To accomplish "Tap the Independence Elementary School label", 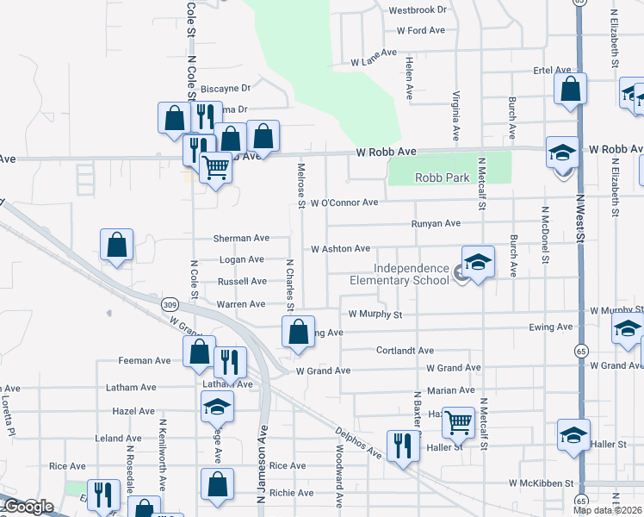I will coord(399,273).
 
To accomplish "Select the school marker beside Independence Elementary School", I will coord(478,262).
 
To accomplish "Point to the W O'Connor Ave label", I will coord(344,202).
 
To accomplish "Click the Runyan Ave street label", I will coord(435,223).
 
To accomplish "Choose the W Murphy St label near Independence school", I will coord(375,315).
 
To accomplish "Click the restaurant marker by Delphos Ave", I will coord(402,445).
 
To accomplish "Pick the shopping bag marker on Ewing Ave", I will coord(298,332).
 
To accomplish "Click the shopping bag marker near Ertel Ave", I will coord(570,89).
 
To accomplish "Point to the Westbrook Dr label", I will coord(418,10).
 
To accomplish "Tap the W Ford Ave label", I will coord(420,30).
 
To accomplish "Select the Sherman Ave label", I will coord(243,238).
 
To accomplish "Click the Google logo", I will coord(28,507).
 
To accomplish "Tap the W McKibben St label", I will coord(541,483).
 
